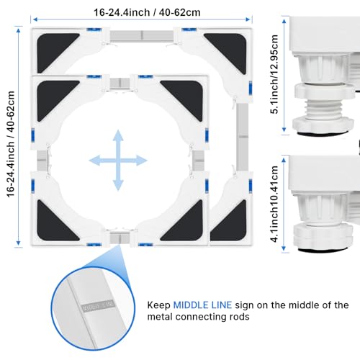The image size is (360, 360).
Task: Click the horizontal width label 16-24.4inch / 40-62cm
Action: coord(147,12)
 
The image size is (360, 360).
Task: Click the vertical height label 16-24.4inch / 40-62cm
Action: coord(11,144)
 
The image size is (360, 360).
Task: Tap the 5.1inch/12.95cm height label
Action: coord(274,74)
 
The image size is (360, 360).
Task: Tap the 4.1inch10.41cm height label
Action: coord(274,204)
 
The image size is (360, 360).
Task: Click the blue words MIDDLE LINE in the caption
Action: coord(202,305)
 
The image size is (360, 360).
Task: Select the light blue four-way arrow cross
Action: coord(118,161)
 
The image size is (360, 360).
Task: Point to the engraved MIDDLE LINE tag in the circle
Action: coord(98,305)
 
